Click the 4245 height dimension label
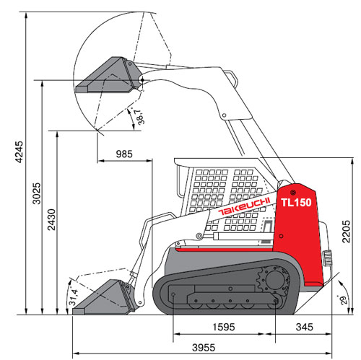pyautogui.click(x=19, y=152)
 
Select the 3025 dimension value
pyautogui.click(x=37, y=193)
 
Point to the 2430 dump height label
pyautogui.click(x=51, y=219)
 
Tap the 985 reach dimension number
pyautogui.click(x=124, y=154)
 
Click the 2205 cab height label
pyautogui.click(x=347, y=232)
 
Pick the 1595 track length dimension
pyautogui.click(x=224, y=327)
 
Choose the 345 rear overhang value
pyautogui.click(x=305, y=327)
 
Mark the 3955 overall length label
pyautogui.click(x=204, y=348)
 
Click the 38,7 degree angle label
pyautogui.click(x=140, y=117)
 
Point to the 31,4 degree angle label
pyautogui.click(x=74, y=297)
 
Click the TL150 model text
pyautogui.click(x=296, y=203)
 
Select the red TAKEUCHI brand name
pyautogui.click(x=244, y=206)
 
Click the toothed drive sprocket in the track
pyautogui.click(x=274, y=280)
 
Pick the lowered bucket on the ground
pyautogui.click(x=105, y=298)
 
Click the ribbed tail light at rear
pyautogui.click(x=327, y=258)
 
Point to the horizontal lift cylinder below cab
pyautogui.click(x=243, y=236)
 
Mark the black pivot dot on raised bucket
pyautogui.click(x=142, y=79)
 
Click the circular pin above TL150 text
pyautogui.click(x=293, y=192)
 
